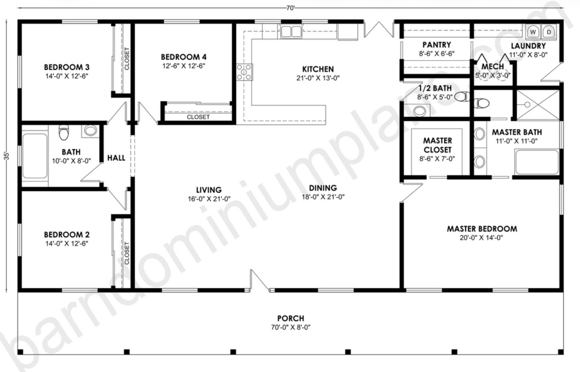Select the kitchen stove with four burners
pyautogui.click(x=244, y=72)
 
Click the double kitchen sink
pyautogui.click(x=291, y=32)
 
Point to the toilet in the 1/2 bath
pyautogui.click(x=462, y=96)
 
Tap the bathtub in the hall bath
pyautogui.click(x=35, y=156)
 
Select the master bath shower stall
pyautogui.click(x=537, y=105)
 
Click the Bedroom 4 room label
pyautogui.click(x=183, y=57)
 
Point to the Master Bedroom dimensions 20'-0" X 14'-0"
pyautogui.click(x=482, y=238)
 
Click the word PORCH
pyautogui.click(x=291, y=318)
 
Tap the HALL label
pyautogui.click(x=116, y=158)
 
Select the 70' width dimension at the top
pyautogui.click(x=291, y=8)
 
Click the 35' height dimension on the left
pyautogui.click(x=6, y=156)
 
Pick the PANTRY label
pyautogui.click(x=436, y=45)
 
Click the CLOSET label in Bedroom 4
pyautogui.click(x=198, y=117)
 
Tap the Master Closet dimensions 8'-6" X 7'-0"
pyautogui.click(x=437, y=159)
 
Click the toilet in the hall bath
pyautogui.click(x=63, y=133)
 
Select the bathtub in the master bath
pyautogui.click(x=537, y=162)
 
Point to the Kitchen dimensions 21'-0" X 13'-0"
pyautogui.click(x=318, y=78)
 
